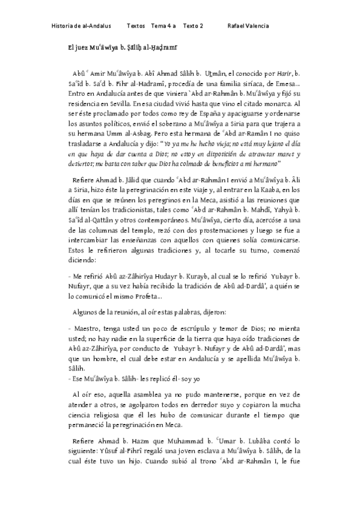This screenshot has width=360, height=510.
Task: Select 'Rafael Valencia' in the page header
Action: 248,26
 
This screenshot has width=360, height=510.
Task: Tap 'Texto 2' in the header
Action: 193,26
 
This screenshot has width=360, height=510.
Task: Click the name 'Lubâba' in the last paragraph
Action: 272,441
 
